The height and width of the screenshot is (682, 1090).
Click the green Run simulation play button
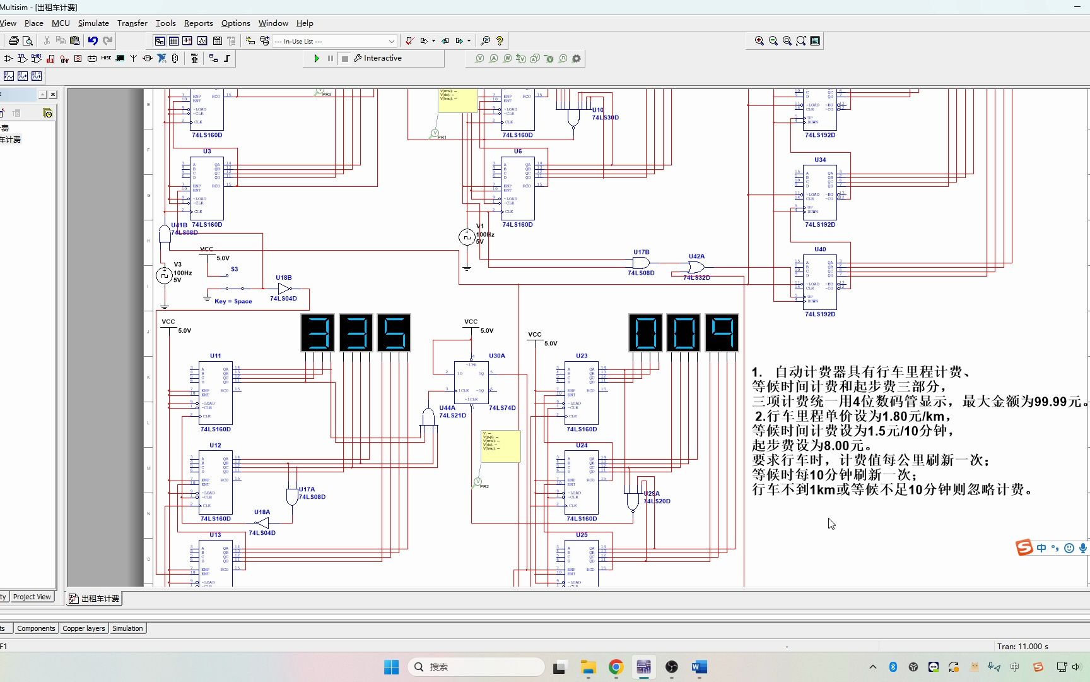[x=317, y=58]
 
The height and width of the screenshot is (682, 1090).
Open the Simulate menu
[x=93, y=23]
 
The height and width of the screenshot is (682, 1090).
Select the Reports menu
[x=198, y=23]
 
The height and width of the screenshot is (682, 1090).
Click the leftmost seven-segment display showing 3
[x=318, y=333]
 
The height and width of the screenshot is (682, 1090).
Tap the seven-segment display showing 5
[x=394, y=333]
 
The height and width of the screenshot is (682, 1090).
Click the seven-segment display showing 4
[x=722, y=333]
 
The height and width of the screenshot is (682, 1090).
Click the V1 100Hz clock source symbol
[x=466, y=237]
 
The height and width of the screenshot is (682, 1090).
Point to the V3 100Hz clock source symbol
[x=164, y=275]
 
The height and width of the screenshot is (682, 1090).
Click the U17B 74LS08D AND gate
[x=641, y=263]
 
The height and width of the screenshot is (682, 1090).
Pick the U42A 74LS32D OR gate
[x=696, y=267]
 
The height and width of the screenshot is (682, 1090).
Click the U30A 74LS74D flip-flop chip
[x=471, y=383]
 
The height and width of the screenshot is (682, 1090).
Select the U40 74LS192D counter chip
[x=820, y=282]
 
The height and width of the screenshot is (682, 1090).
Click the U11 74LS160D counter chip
[x=215, y=393]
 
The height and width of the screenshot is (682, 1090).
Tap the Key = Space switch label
[x=233, y=301]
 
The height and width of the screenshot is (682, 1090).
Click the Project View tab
[x=32, y=597]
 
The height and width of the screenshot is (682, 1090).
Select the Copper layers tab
[x=84, y=628]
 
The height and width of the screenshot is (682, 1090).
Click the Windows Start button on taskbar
[x=391, y=667]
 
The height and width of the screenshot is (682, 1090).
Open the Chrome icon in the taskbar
[x=616, y=667]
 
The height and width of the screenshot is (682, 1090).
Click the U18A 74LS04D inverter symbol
[x=262, y=523]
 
